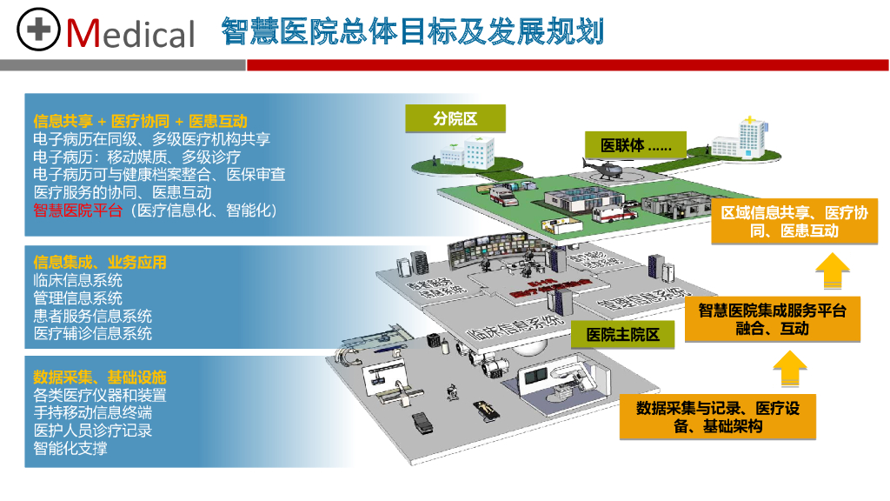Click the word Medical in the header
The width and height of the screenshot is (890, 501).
click(131, 33)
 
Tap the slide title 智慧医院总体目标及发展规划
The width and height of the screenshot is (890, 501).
click(412, 31)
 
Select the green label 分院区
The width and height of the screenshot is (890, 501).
click(455, 118)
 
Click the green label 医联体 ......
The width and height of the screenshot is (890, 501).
click(635, 145)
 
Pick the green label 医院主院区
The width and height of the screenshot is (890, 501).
click(622, 334)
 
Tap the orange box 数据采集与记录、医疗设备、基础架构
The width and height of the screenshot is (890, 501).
click(718, 416)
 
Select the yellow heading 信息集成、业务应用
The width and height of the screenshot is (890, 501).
click(100, 262)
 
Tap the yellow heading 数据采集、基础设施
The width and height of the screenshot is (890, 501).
click(100, 377)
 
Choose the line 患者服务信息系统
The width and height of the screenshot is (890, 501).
click(93, 316)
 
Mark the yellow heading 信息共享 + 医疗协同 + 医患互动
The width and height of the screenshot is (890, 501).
click(140, 121)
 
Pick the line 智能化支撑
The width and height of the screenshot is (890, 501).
click(70, 449)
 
